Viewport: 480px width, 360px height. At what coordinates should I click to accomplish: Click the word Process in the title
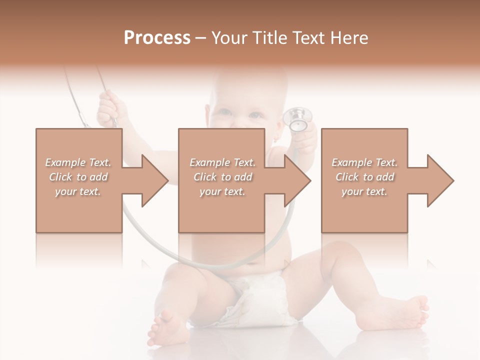157,38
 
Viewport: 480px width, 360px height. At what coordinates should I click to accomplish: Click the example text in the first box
78,177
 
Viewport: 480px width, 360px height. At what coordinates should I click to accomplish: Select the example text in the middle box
222,177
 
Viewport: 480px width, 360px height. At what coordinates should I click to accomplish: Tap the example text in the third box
364,177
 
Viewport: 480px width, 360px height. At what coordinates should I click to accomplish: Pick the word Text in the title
310,38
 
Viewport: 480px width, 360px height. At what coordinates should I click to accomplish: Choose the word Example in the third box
350,162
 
